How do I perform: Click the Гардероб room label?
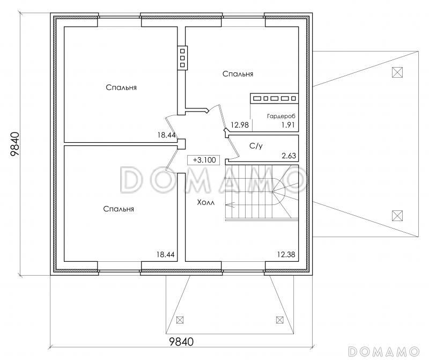(x=281, y=116)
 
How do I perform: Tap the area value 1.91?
(x=288, y=125)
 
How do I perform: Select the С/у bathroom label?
(x=256, y=146)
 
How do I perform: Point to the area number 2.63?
(x=289, y=156)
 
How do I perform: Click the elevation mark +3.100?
(x=204, y=160)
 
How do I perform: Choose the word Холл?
(x=206, y=203)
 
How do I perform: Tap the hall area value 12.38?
(x=286, y=255)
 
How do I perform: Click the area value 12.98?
(x=240, y=125)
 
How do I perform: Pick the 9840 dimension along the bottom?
(x=181, y=342)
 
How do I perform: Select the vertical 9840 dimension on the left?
(x=15, y=144)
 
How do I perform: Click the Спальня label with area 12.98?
(x=238, y=74)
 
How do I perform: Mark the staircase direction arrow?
(x=230, y=204)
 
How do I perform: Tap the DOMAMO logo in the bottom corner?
(x=384, y=351)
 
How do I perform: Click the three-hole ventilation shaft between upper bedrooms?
(x=182, y=58)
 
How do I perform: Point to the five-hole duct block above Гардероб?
(x=275, y=99)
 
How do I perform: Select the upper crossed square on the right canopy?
(x=397, y=72)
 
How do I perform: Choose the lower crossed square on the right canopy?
(x=397, y=216)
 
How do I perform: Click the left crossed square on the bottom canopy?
(x=180, y=320)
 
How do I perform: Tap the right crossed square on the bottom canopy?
(x=279, y=320)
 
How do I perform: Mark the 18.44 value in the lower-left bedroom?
(x=166, y=255)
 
